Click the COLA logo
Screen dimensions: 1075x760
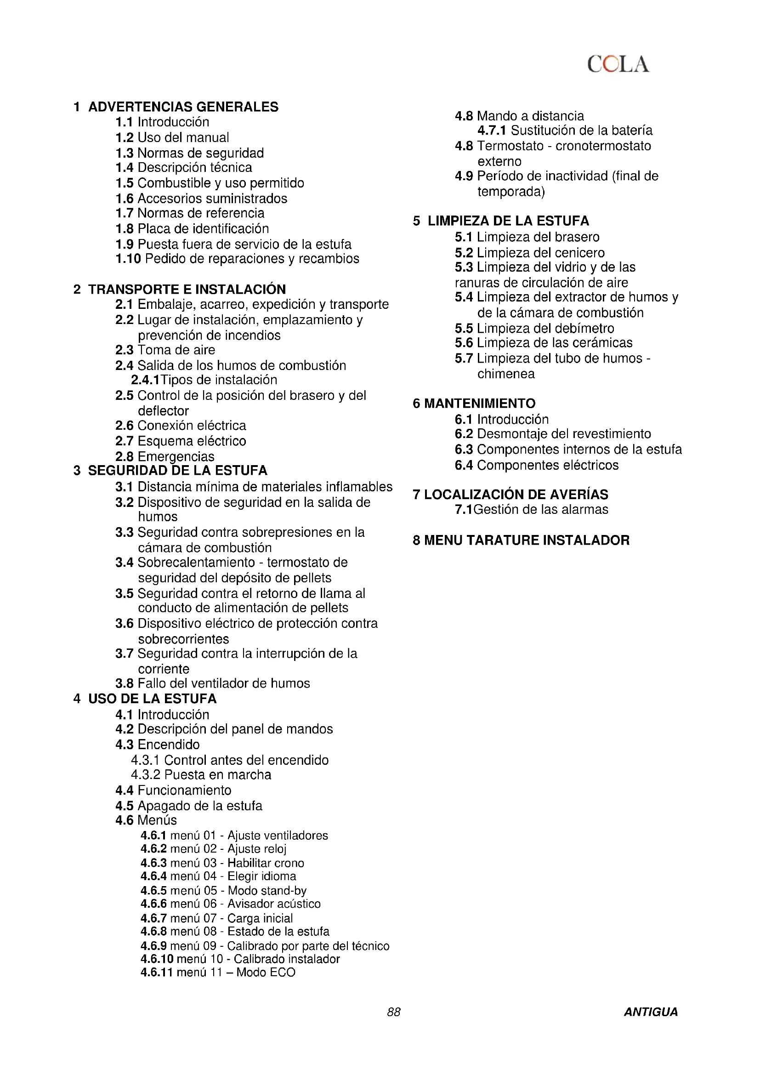coord(618,64)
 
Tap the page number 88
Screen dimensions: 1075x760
coord(394,1012)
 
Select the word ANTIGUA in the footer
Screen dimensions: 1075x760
coord(651,1012)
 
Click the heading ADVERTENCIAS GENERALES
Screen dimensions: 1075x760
coord(183,107)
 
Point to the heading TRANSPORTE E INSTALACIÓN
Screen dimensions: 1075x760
coord(187,289)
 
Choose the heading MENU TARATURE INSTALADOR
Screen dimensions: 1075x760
coord(527,540)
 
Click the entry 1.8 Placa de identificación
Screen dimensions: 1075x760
coord(192,228)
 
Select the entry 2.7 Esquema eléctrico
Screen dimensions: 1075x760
coord(181,441)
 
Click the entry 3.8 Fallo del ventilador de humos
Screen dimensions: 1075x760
coord(212,683)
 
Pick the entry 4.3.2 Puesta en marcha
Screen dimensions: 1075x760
coord(201,774)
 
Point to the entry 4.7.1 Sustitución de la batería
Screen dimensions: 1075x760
coord(564,130)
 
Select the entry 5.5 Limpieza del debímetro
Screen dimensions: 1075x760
coord(534,328)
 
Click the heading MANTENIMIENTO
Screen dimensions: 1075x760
coord(479,403)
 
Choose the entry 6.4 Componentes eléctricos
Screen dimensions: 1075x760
coord(536,465)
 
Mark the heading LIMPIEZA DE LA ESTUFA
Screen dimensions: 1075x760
coord(508,221)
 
